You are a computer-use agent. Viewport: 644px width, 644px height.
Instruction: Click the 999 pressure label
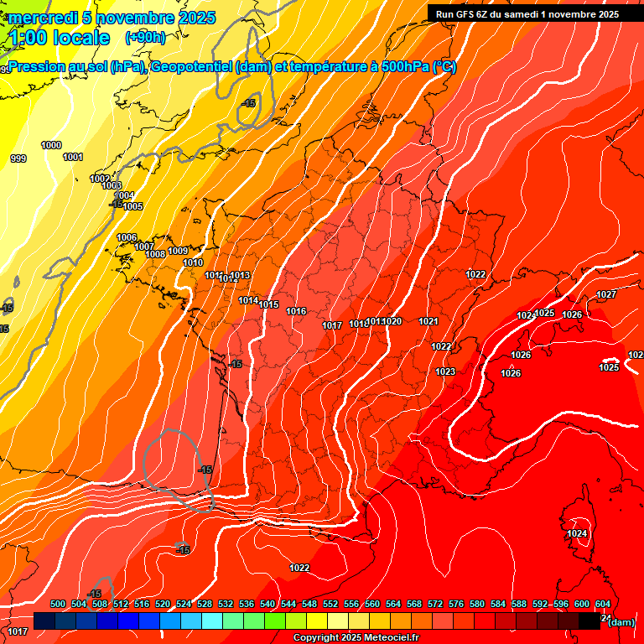click(18, 158)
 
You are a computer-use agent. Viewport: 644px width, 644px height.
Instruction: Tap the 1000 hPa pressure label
click(51, 145)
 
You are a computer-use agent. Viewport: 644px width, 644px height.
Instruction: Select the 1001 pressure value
click(73, 157)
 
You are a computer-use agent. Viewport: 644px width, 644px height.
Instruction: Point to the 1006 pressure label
click(127, 237)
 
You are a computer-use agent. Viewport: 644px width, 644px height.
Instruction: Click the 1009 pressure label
click(178, 251)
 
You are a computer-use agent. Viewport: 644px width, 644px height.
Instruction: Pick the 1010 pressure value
click(193, 262)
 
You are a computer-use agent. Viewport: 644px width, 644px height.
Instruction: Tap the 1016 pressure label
click(296, 311)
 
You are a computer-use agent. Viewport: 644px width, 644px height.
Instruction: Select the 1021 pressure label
click(428, 321)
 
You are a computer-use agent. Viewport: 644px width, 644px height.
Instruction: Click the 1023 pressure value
click(445, 371)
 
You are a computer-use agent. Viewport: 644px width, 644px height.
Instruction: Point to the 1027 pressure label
click(606, 294)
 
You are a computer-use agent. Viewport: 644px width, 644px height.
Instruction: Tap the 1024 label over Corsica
click(577, 533)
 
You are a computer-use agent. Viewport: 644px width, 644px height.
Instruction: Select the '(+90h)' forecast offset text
click(146, 37)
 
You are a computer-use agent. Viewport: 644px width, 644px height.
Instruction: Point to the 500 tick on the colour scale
click(58, 604)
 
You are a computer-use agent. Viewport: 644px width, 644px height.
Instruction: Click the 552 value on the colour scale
click(330, 604)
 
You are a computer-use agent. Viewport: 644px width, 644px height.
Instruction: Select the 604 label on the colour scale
click(603, 604)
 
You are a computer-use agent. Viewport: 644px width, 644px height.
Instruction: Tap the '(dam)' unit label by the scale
click(621, 622)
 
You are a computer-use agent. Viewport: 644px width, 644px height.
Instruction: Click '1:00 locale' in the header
click(60, 38)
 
